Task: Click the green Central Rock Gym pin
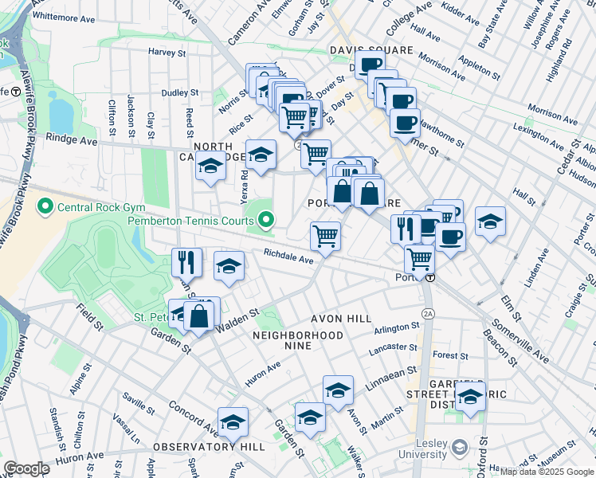click(x=45, y=209)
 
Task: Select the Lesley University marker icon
click(x=458, y=448)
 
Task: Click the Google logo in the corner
click(x=26, y=468)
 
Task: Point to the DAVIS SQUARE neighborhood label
click(x=371, y=50)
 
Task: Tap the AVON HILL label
click(x=335, y=319)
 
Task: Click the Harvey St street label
click(x=167, y=52)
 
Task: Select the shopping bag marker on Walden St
click(x=199, y=315)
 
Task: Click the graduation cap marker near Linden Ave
click(x=490, y=221)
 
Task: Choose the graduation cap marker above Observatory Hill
click(x=233, y=421)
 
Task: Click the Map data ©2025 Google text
click(x=547, y=472)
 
